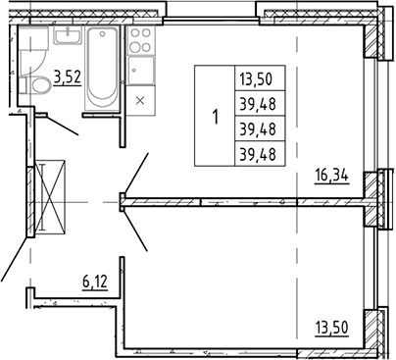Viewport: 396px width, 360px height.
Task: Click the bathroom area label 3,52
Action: coord(68,78)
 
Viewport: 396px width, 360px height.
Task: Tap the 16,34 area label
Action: coord(332,176)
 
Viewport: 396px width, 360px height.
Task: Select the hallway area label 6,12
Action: coord(95,282)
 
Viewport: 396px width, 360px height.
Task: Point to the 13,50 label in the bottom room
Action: coord(332,328)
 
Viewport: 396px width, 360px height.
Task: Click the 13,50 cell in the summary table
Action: coord(256,79)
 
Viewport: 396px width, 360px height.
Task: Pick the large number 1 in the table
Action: coord(215,117)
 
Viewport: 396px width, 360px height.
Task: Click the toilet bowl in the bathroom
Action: coord(41,86)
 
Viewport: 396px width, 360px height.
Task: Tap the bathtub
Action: coord(102,68)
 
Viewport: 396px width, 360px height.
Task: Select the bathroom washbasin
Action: coord(69,35)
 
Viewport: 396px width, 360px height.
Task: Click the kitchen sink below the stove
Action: coord(140,71)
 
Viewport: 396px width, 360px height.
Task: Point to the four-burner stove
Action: coord(140,40)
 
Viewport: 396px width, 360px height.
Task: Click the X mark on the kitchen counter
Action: coord(140,100)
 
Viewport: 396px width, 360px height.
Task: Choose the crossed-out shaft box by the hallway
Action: coord(50,197)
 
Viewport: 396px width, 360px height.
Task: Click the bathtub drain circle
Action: coord(103,33)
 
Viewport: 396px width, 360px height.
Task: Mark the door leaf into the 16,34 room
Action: coord(135,174)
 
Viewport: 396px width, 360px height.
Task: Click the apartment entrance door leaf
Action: coord(14,259)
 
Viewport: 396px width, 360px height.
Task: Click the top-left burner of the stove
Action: coord(134,32)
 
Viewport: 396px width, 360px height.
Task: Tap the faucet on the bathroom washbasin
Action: coord(69,30)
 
